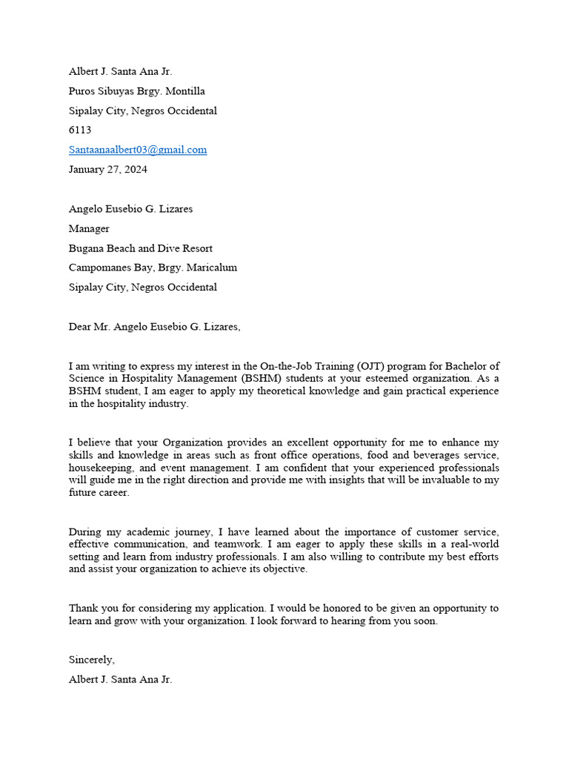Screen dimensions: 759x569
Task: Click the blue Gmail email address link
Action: click(x=138, y=150)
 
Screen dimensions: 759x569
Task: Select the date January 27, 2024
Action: click(x=107, y=169)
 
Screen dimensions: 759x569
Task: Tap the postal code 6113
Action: click(x=80, y=130)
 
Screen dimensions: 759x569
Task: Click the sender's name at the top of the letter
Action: click(x=120, y=72)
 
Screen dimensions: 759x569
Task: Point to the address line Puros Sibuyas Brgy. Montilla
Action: click(x=136, y=91)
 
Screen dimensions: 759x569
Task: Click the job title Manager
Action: click(x=89, y=229)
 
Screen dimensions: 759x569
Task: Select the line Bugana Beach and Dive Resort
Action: click(x=141, y=248)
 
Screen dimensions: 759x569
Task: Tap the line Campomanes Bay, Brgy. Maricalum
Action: click(x=153, y=268)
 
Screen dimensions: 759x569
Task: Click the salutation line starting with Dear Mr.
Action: click(x=155, y=327)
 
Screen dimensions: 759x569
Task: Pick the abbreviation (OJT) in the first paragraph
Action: click(x=371, y=366)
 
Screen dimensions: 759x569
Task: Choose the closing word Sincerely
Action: click(x=92, y=660)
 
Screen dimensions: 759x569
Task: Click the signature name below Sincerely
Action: click(x=120, y=679)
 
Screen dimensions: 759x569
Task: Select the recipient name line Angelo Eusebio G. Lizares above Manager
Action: click(x=130, y=209)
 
